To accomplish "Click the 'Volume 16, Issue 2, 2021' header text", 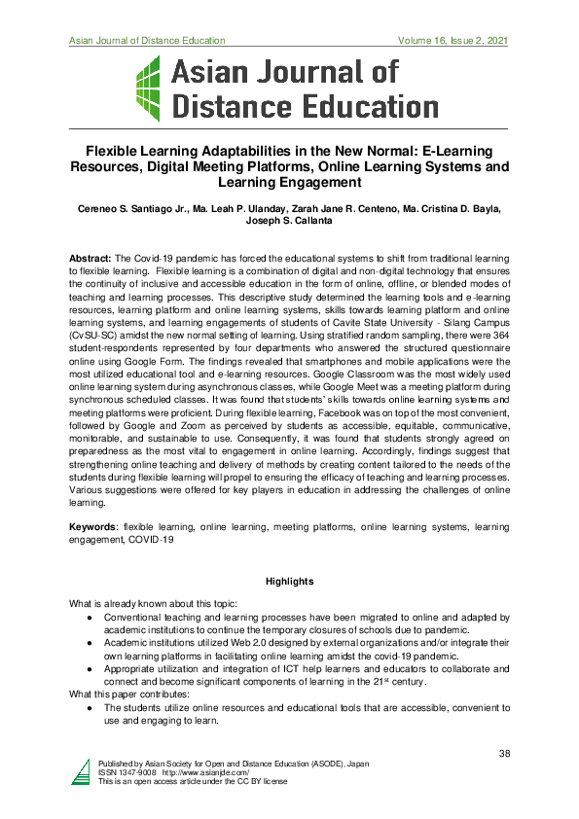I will coord(452,41).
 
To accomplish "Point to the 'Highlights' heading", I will coord(289,582).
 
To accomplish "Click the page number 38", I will coord(504,755).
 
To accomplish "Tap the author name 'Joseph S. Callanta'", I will coord(289,220).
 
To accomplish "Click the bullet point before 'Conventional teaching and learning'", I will coord(90,618).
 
